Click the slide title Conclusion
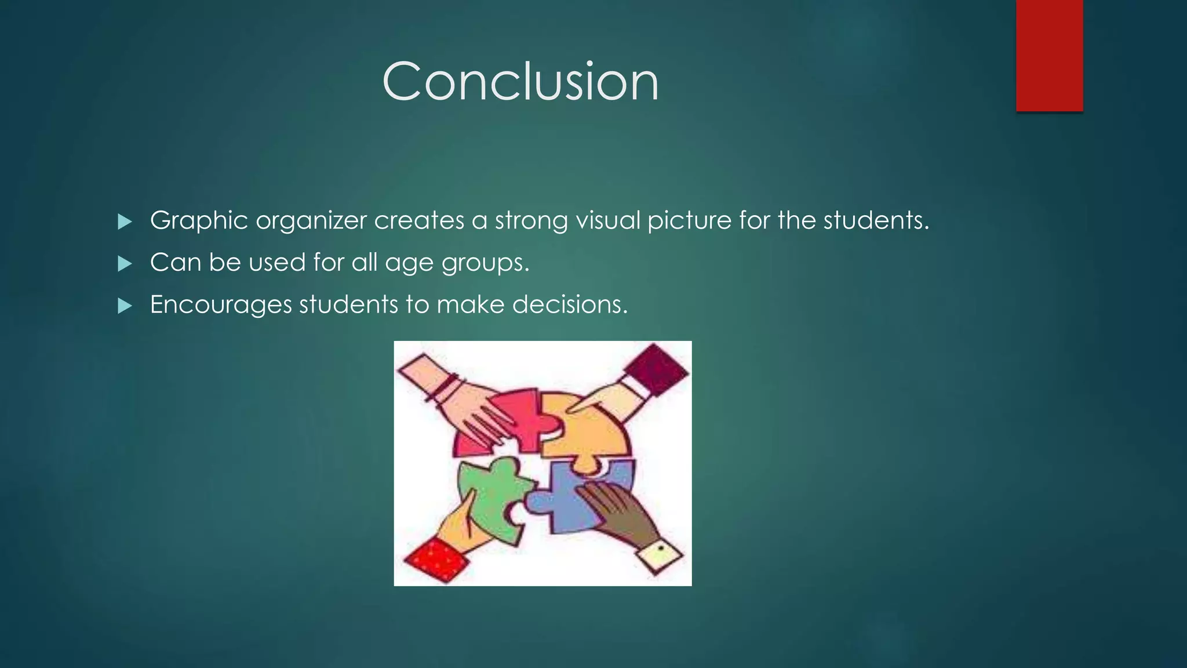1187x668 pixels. tap(520, 82)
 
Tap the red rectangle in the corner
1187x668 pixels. tap(1049, 55)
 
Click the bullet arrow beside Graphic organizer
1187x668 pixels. tap(125, 222)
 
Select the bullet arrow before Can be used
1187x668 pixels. tap(125, 264)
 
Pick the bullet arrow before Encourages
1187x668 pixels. tap(125, 306)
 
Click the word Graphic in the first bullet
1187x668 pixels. tap(199, 221)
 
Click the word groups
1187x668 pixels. tap(485, 263)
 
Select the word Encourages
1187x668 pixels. tap(221, 305)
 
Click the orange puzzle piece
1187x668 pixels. tap(585, 429)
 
